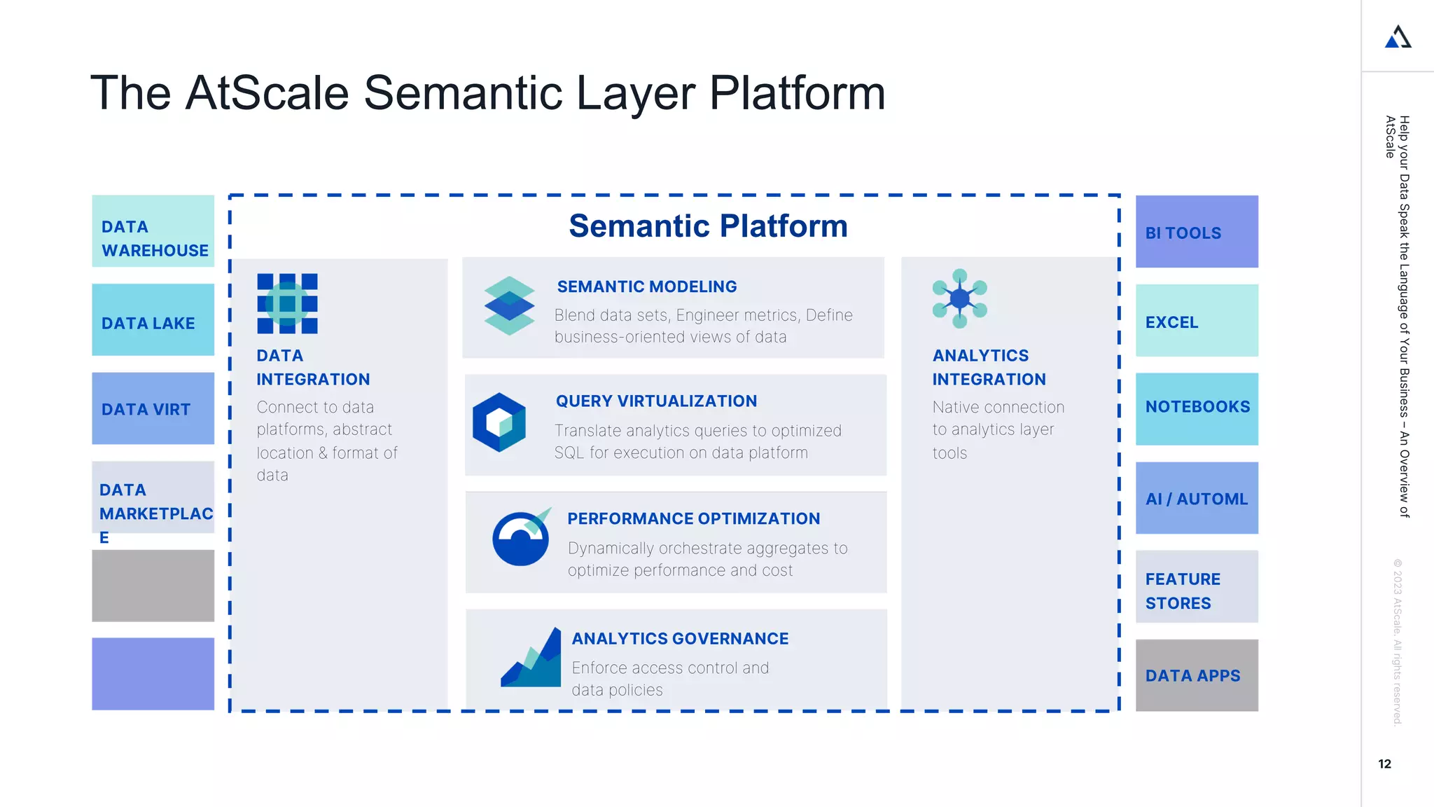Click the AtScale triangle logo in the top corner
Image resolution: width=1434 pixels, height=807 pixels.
pyautogui.click(x=1398, y=37)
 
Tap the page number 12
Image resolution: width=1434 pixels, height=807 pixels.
pyautogui.click(x=1384, y=764)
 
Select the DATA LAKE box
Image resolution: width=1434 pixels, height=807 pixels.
pyautogui.click(x=153, y=320)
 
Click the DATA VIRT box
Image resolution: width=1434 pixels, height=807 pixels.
pyautogui.click(x=153, y=408)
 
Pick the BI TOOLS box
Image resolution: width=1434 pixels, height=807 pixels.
pyautogui.click(x=1196, y=232)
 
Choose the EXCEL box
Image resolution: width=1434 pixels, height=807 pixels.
pyautogui.click(x=1196, y=321)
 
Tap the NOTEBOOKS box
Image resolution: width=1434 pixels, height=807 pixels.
pyautogui.click(x=1196, y=408)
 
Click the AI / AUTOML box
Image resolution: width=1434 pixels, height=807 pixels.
pyautogui.click(x=1196, y=498)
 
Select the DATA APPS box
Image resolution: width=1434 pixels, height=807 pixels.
pyautogui.click(x=1196, y=675)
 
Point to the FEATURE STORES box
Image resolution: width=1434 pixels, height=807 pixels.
pyautogui.click(x=1196, y=587)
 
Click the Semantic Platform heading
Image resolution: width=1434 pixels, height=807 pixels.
pyautogui.click(x=708, y=226)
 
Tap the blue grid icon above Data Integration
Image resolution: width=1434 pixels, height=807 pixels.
pyautogui.click(x=287, y=303)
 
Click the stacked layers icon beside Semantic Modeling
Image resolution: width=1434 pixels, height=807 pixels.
pyautogui.click(x=509, y=305)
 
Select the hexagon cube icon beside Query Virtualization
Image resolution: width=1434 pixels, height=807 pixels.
pyautogui.click(x=499, y=422)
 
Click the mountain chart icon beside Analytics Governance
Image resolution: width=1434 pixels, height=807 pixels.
pyautogui.click(x=532, y=659)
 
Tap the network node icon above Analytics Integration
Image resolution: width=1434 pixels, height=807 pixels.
pyautogui.click(x=959, y=298)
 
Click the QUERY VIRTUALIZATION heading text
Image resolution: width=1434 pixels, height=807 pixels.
pyautogui.click(x=656, y=401)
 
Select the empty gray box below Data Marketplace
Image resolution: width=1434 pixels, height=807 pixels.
pyautogui.click(x=153, y=586)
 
